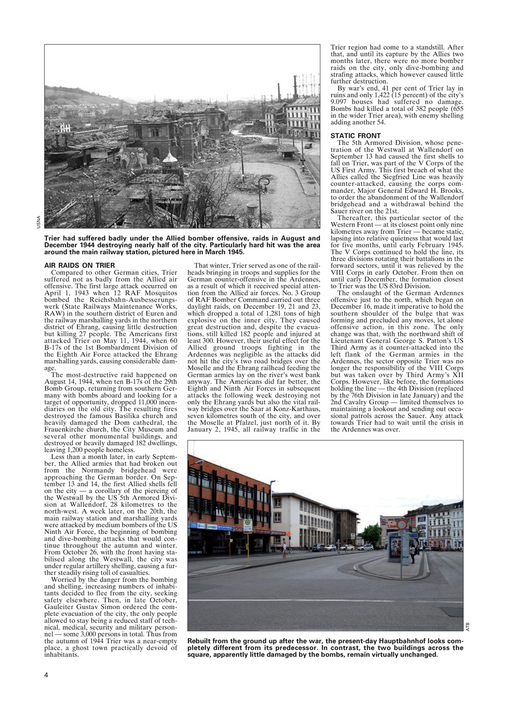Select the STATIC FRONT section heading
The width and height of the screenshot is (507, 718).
355,136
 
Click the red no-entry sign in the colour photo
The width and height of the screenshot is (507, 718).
402,524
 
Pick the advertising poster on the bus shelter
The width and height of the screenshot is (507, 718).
396,547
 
